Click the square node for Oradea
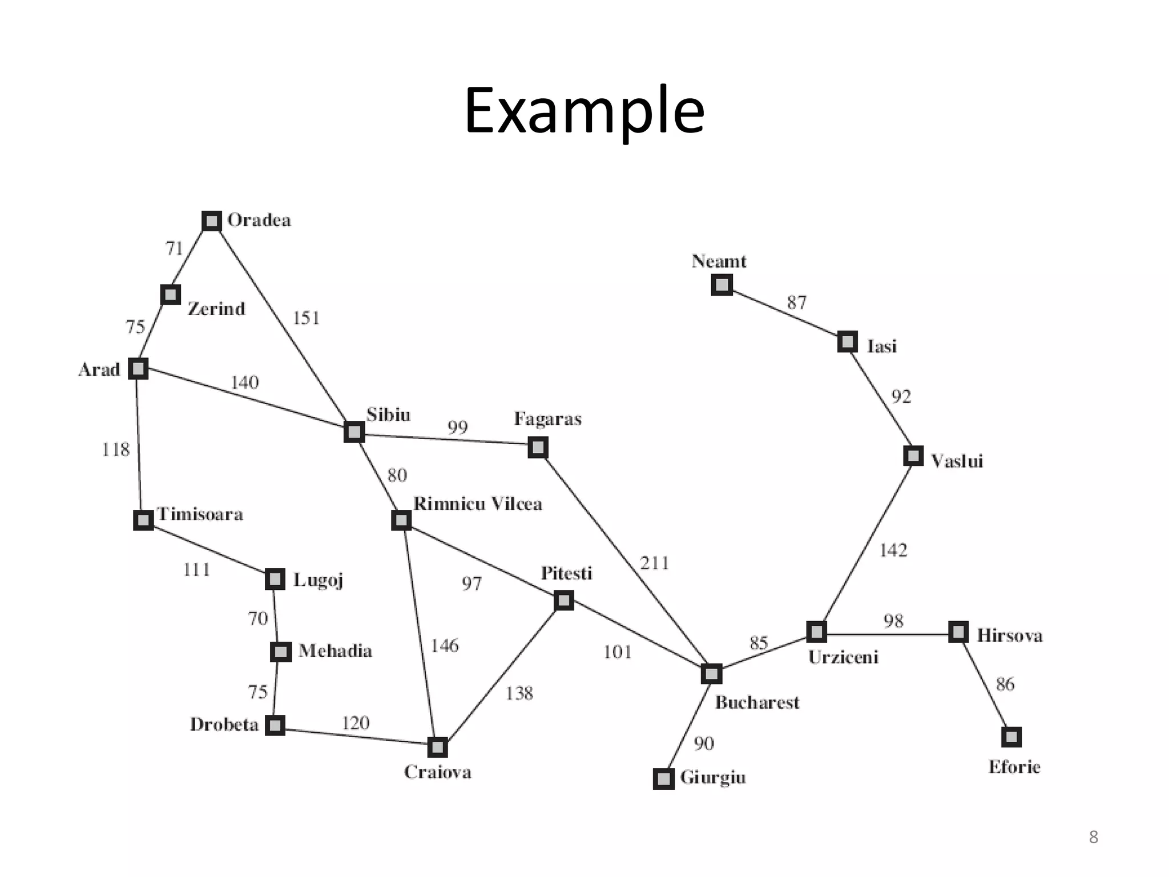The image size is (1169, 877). tap(212, 221)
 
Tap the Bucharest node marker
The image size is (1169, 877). tap(711, 674)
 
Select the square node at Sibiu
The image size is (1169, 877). tap(354, 432)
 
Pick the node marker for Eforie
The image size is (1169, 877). tap(1011, 737)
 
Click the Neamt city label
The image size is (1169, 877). tap(719, 262)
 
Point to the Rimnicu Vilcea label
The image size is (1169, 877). tap(477, 504)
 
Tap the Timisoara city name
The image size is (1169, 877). tap(200, 514)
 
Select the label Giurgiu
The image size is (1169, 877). tap(713, 778)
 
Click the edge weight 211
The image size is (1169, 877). tap(654, 564)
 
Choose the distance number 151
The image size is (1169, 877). tap(306, 318)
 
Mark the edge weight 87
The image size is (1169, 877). tap(797, 302)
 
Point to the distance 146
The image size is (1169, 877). tap(444, 646)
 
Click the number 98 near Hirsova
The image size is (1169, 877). tap(893, 621)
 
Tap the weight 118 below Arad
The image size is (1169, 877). tap(116, 450)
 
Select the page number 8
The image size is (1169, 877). tap(1093, 837)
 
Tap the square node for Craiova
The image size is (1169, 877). tap(437, 747)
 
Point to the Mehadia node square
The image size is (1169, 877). tap(280, 651)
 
